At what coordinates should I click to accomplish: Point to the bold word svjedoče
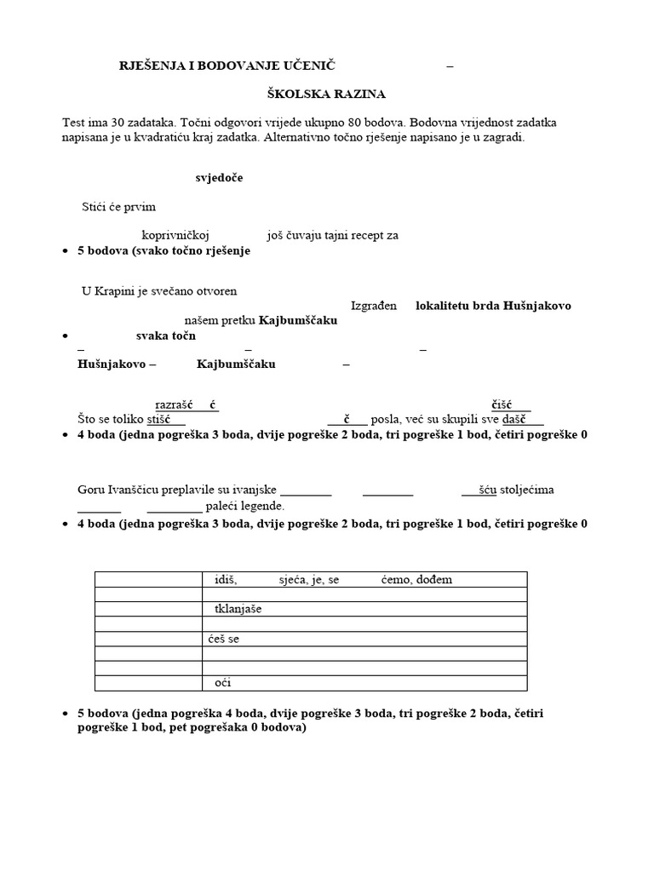[219, 178]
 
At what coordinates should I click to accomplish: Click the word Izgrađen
[374, 306]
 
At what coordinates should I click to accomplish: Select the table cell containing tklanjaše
[364, 609]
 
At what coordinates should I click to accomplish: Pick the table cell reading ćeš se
[364, 639]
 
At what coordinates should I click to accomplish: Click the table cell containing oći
[364, 682]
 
